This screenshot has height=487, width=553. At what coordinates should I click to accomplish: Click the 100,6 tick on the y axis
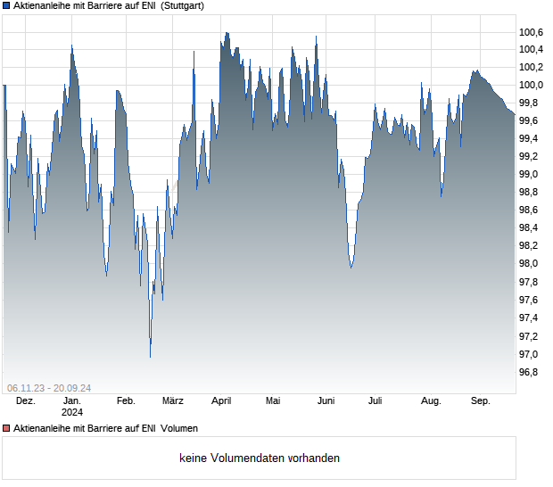click(x=532, y=32)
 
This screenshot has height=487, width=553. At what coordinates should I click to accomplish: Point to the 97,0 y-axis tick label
click(x=532, y=354)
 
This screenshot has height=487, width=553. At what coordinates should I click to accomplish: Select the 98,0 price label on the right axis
click(x=532, y=264)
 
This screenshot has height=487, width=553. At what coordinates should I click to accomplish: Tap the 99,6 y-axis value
click(x=532, y=120)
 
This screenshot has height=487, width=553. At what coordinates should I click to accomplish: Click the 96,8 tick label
click(x=532, y=372)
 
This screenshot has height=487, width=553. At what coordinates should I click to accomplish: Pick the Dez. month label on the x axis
click(x=26, y=401)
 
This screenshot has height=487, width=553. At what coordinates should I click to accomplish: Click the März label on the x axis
click(x=173, y=401)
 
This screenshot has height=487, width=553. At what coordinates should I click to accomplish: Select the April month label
click(x=221, y=401)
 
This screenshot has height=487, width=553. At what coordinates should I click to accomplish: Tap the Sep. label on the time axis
click(x=481, y=401)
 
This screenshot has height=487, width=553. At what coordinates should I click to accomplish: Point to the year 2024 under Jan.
click(x=72, y=413)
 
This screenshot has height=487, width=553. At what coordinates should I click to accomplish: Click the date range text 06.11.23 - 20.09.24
click(x=49, y=388)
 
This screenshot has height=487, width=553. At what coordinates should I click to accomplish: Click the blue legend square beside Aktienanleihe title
click(x=6, y=5)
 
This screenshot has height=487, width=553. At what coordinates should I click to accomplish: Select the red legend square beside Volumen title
click(x=6, y=429)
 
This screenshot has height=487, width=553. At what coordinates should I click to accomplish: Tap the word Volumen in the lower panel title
click(x=179, y=429)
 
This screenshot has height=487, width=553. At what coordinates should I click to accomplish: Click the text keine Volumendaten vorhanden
click(x=260, y=458)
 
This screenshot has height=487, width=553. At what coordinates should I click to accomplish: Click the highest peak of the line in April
click(x=227, y=33)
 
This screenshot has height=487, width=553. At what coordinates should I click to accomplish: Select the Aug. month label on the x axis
click(x=431, y=401)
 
